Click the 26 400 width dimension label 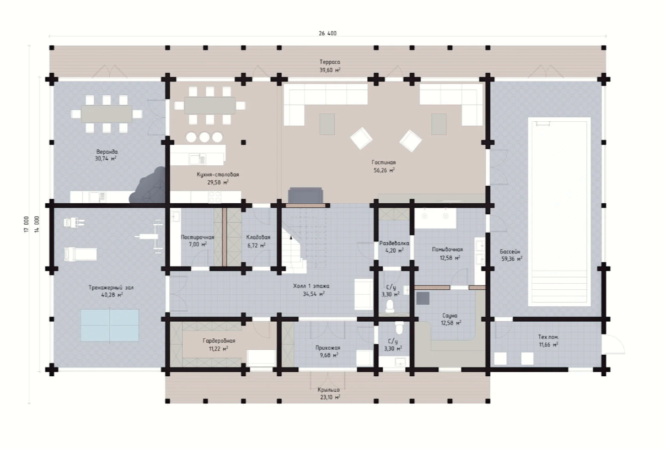(x=328, y=34)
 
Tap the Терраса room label (x=330, y=62)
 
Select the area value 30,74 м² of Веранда (x=106, y=159)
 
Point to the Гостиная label (x=384, y=163)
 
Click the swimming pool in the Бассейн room (x=559, y=212)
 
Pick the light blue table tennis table (x=110, y=326)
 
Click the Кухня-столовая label (x=218, y=175)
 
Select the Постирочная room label (x=197, y=237)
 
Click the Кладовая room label (x=258, y=237)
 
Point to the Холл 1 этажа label (x=311, y=286)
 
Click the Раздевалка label (x=394, y=243)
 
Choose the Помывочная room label (x=447, y=250)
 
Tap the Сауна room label (x=449, y=316)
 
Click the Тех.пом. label (x=548, y=337)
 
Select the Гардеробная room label (x=219, y=341)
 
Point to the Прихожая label (x=328, y=348)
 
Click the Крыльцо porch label (x=328, y=390)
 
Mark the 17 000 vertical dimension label (x=26, y=224)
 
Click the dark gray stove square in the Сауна (x=423, y=299)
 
